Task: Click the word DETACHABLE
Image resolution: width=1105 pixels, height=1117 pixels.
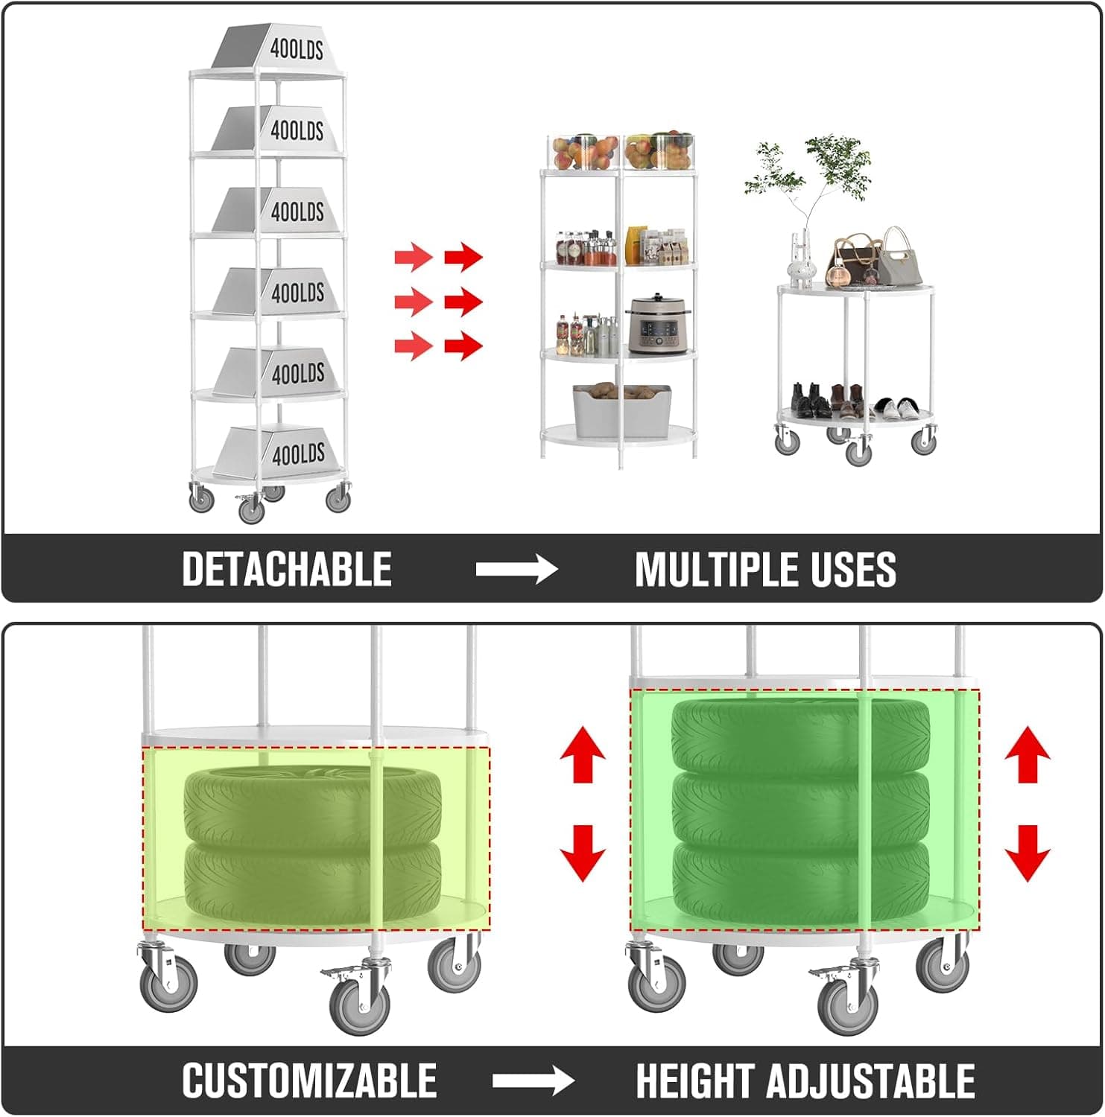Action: (287, 570)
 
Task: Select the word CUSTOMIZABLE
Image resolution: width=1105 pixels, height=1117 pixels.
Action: (309, 1081)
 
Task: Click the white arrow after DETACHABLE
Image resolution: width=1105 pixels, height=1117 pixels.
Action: (516, 570)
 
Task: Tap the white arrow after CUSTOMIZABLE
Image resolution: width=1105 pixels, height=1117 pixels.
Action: (533, 1081)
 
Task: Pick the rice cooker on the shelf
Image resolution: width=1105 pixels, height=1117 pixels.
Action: (658, 323)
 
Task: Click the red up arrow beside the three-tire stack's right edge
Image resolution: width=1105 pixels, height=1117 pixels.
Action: (1028, 754)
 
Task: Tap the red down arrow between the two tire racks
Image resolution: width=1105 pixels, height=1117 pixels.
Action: (582, 853)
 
